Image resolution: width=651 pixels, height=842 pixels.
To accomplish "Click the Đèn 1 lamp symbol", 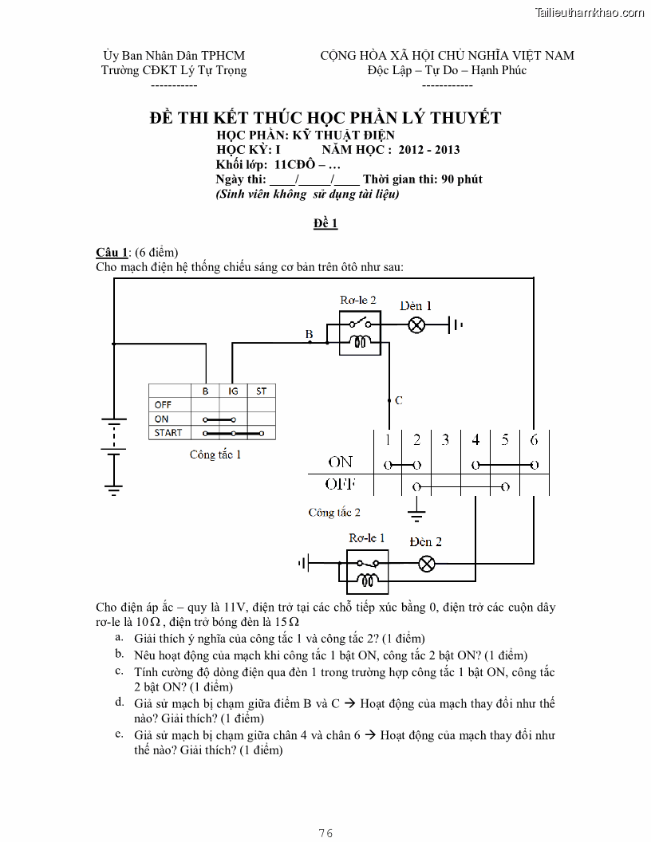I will point(416,325).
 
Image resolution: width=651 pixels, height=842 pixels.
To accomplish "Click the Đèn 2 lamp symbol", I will point(427,564).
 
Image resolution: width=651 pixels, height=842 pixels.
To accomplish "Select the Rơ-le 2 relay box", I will point(361,332).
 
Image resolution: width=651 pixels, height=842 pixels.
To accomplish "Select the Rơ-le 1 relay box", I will point(367,571).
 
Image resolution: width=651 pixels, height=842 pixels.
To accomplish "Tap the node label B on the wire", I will point(309,334).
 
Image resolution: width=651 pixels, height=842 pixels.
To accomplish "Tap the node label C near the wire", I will point(399,400).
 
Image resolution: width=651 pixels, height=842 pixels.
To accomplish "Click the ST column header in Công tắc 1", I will point(261,391).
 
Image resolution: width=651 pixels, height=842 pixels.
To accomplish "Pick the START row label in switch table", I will point(168,433).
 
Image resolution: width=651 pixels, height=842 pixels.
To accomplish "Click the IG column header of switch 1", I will point(233,391).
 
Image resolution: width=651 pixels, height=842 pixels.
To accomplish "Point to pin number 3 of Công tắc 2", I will point(445,439).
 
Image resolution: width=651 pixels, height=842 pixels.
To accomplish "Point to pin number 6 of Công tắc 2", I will point(534,439).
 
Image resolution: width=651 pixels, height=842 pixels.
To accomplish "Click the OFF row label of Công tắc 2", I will point(340,484).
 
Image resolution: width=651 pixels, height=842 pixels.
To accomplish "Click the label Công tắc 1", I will point(215,454).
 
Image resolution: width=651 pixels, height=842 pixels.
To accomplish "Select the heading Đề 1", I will point(325,223).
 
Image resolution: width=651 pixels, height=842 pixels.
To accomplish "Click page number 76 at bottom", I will point(325,832).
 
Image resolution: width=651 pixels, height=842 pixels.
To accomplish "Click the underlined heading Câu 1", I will point(112,253).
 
